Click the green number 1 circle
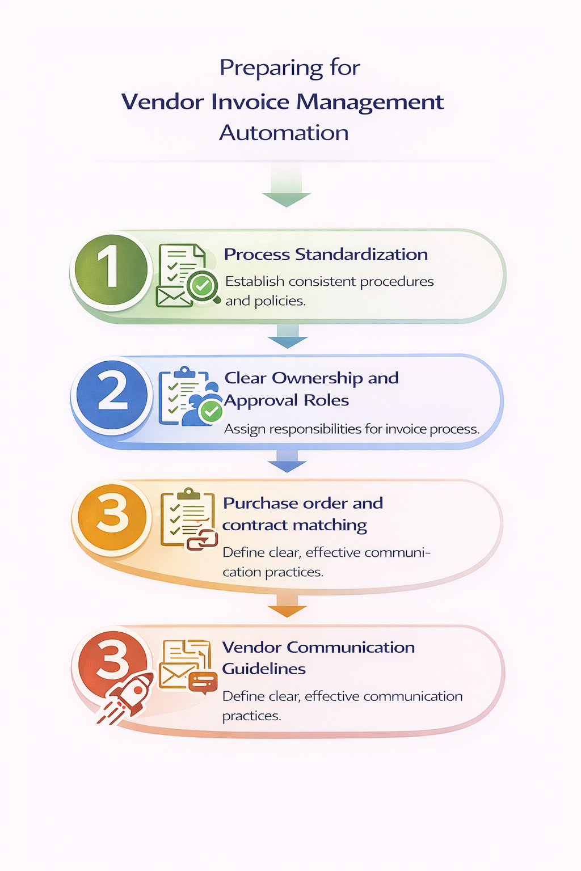111,271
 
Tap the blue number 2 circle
112,395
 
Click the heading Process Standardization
326,255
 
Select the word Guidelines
264,669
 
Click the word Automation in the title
284,133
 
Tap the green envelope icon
173,297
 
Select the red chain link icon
203,540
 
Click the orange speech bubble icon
203,682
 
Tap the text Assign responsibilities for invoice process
352,429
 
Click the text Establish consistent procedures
329,282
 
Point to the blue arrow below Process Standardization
287,337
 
